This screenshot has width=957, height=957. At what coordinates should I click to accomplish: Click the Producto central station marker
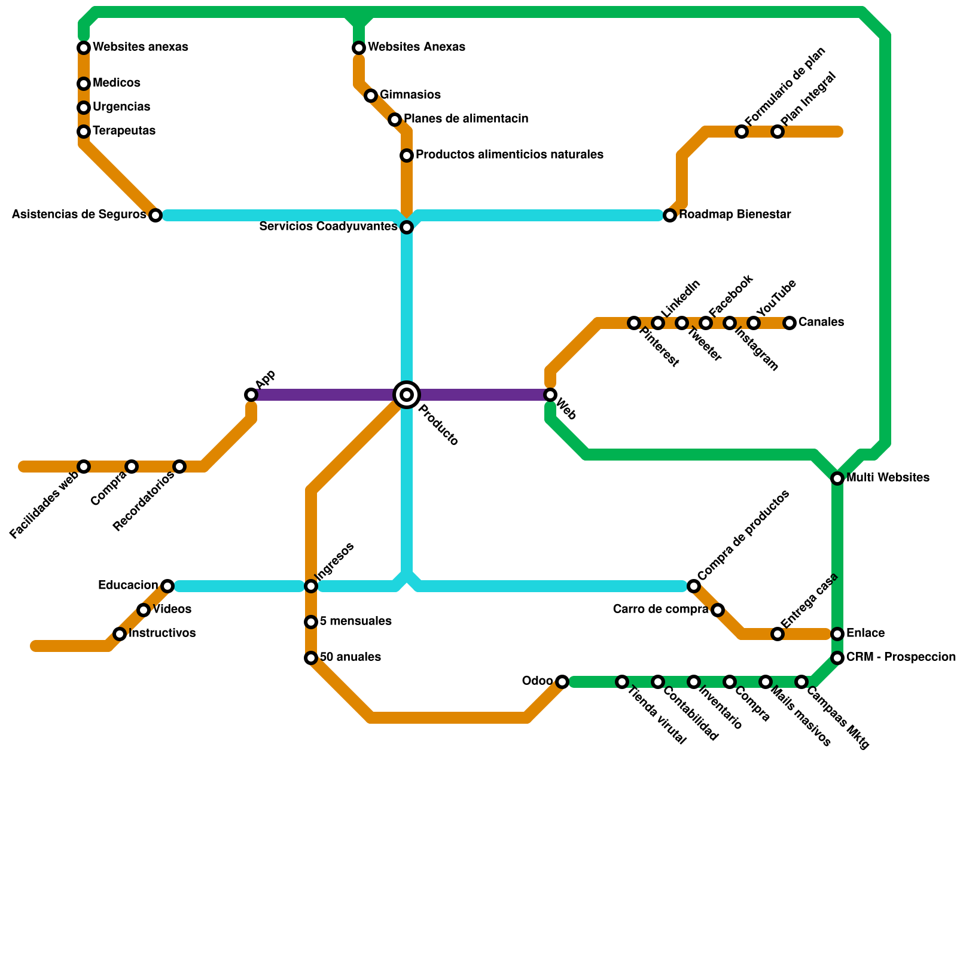[407, 395]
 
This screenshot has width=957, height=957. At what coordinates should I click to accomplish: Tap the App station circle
[251, 395]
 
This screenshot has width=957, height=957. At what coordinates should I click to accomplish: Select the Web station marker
[550, 395]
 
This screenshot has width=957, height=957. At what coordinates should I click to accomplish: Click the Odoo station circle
[562, 682]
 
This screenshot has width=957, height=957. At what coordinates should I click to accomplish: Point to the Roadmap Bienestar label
[735, 215]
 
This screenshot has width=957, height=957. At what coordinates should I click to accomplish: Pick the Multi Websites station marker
[837, 478]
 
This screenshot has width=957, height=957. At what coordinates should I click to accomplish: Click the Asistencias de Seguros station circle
[156, 215]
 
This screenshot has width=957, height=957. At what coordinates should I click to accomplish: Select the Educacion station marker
[167, 586]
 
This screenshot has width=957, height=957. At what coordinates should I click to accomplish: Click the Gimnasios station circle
[371, 96]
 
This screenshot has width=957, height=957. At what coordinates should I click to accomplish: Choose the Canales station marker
[790, 323]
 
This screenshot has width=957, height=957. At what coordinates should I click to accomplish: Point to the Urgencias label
[121, 107]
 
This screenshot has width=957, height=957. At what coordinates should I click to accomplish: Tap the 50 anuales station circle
[311, 658]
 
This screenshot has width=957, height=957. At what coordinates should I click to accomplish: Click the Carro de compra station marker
[718, 610]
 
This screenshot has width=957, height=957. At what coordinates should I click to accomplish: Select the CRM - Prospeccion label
[901, 657]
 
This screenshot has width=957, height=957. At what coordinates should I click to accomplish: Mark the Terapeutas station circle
[84, 132]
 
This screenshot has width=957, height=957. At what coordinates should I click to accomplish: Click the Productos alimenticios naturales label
[510, 155]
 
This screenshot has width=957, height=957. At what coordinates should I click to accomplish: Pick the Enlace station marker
[837, 634]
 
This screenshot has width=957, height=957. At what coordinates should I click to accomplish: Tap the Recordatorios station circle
[179, 467]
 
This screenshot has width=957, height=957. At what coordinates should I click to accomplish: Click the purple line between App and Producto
[323, 395]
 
